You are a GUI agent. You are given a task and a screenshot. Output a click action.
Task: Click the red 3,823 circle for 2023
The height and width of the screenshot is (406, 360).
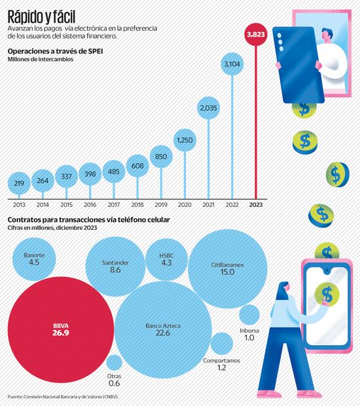click(255, 35)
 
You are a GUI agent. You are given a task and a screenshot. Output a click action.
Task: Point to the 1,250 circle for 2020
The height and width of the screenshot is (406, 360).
click(185, 140)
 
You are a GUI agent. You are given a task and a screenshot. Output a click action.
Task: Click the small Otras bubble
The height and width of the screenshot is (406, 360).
click(114, 363)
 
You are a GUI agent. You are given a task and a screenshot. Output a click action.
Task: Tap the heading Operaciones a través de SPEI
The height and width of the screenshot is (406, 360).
click(55, 51)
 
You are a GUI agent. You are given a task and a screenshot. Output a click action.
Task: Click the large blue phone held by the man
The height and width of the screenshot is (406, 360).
click(293, 64)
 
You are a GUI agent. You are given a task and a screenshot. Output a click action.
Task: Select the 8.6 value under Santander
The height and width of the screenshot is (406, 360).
click(115, 270)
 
